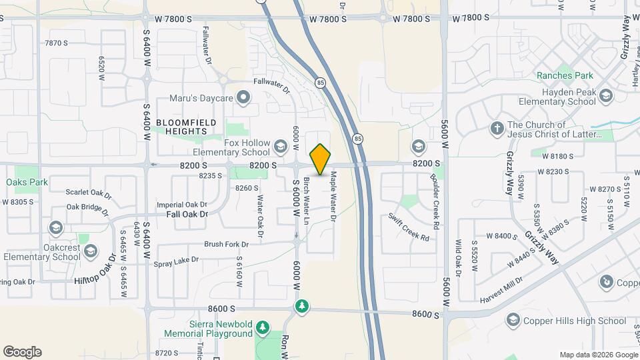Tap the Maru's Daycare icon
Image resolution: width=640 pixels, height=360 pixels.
click(x=244, y=98)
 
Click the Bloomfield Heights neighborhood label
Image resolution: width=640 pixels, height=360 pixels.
click(x=182, y=127)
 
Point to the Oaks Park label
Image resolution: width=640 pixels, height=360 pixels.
click(x=27, y=181)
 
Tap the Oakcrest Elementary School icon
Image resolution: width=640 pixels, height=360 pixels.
click(x=55, y=228)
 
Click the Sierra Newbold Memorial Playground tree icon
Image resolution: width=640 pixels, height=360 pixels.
click(x=263, y=327)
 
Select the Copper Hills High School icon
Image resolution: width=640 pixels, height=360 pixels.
click(x=513, y=321)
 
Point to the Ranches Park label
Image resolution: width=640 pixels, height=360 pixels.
click(x=565, y=75)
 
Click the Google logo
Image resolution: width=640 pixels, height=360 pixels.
click(x=22, y=352)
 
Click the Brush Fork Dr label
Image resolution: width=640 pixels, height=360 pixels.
click(x=226, y=244)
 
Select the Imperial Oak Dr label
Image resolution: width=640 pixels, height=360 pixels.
click(x=182, y=204)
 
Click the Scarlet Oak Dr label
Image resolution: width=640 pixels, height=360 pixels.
click(x=87, y=191)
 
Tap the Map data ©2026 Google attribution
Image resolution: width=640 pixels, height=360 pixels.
click(x=598, y=354)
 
